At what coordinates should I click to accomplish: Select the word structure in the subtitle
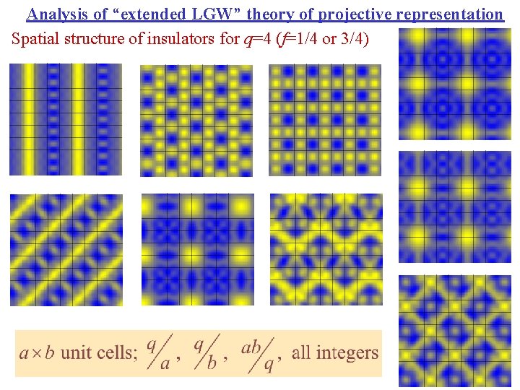click(x=91, y=38)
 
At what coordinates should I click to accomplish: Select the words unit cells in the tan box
click(x=100, y=353)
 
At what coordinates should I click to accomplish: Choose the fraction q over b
click(x=206, y=353)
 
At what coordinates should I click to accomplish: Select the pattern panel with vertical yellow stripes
click(x=66, y=119)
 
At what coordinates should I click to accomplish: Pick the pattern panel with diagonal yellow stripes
click(x=66, y=249)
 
